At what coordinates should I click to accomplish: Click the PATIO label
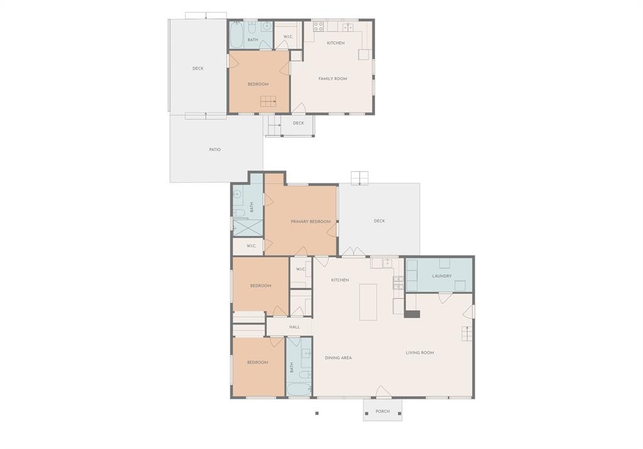tap(215, 149)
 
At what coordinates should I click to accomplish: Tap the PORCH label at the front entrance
tap(382, 411)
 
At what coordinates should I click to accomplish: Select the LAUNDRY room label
tap(441, 276)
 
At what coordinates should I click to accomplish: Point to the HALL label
tap(294, 327)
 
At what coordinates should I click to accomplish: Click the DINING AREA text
tap(338, 357)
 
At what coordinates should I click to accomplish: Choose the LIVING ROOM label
tap(420, 353)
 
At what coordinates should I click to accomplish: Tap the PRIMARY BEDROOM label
tap(311, 222)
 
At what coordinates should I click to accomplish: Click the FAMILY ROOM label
tap(333, 78)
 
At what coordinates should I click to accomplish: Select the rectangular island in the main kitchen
tap(368, 302)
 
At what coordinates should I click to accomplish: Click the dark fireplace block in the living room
tap(412, 314)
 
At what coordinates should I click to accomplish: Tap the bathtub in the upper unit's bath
tap(237, 35)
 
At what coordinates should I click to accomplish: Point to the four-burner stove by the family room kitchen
tap(318, 26)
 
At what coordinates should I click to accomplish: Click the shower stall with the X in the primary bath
tap(247, 227)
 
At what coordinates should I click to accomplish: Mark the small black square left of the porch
tap(316, 413)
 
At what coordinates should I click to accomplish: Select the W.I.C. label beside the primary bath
tap(251, 246)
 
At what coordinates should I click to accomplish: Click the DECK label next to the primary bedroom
tap(379, 221)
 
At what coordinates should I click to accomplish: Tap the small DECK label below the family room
tap(298, 123)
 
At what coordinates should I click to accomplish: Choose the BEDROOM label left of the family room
tap(258, 84)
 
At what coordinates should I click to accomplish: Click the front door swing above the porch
tap(384, 391)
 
